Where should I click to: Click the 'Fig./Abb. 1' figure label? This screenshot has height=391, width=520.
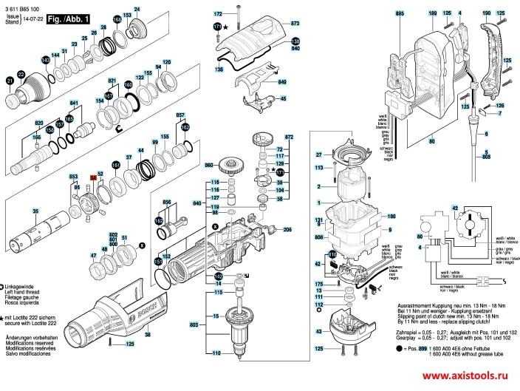tap(67, 18)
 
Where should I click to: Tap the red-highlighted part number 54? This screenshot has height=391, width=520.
tap(93, 178)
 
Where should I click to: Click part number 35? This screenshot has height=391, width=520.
tap(35, 212)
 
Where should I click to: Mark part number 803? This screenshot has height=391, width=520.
tap(195, 324)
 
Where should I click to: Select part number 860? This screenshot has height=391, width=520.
tap(209, 164)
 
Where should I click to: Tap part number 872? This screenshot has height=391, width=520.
tap(290, 138)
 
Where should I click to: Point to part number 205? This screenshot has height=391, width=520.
tap(287, 229)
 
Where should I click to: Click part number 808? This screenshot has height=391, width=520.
tap(319, 237)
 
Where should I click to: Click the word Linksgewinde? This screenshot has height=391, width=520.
tap(22, 286)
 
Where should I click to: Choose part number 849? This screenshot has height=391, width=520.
tap(281, 82)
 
